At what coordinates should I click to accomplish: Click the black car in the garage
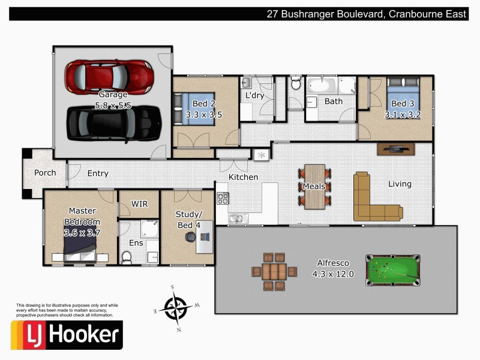click(x=114, y=122)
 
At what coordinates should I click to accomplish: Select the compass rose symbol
click(x=175, y=308)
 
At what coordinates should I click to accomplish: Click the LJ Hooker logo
click(x=67, y=335)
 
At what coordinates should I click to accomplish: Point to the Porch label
click(x=45, y=173)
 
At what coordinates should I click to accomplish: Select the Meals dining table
click(x=314, y=186)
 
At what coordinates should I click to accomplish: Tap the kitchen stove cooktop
click(x=223, y=198)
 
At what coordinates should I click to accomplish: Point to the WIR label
click(x=139, y=204)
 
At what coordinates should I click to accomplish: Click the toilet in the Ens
click(x=127, y=257)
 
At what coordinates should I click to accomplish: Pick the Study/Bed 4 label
click(x=189, y=220)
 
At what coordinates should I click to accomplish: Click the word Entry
click(x=98, y=173)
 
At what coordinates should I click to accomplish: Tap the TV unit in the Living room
click(x=395, y=149)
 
